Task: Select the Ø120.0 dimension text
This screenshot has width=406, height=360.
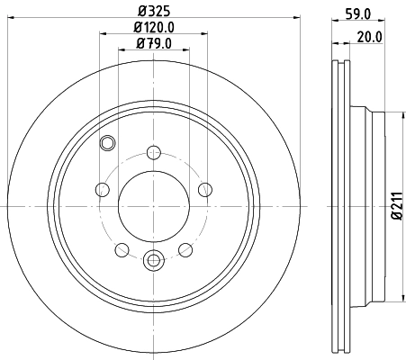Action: (154, 27)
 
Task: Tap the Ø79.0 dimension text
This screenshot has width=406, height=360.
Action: (154, 43)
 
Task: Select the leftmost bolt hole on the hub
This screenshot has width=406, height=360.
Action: (102, 189)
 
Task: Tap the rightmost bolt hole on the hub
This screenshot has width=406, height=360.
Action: (205, 189)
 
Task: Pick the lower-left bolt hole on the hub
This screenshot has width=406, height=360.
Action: (122, 249)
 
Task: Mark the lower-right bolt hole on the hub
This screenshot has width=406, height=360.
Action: (185, 249)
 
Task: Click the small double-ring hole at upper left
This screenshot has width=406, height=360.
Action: (109, 141)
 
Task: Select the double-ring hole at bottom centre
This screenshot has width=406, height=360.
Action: (153, 262)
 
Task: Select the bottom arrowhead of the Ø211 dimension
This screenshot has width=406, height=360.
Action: (400, 300)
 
